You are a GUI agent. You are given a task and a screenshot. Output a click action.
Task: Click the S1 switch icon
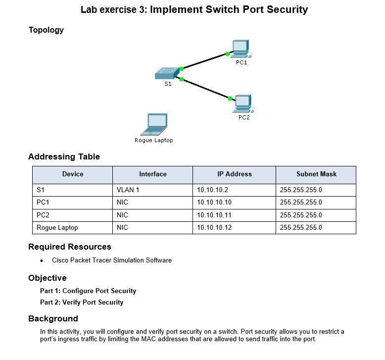(167, 74)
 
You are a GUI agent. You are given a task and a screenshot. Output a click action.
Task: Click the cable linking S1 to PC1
(204, 61)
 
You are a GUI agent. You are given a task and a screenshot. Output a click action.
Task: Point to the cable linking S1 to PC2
(206, 89)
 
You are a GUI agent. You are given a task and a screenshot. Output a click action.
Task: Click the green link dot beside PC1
(227, 53)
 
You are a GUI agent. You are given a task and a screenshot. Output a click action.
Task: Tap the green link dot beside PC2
(230, 99)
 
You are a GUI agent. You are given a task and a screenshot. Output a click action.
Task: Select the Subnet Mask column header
(316, 174)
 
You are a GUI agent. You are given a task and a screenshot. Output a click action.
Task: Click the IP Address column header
(234, 174)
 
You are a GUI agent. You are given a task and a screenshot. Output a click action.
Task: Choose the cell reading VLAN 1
(128, 190)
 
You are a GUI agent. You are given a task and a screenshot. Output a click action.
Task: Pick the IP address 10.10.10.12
(214, 228)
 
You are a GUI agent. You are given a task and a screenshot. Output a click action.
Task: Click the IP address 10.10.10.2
(212, 190)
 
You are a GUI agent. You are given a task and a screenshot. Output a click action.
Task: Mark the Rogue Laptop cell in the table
(57, 228)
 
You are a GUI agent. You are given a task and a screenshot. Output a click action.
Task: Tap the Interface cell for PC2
(122, 215)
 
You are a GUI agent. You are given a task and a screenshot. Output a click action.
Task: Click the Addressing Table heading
(64, 157)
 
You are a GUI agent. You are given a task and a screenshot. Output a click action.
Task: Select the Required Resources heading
(70, 247)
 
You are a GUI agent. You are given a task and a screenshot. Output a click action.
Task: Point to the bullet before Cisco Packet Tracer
(42, 260)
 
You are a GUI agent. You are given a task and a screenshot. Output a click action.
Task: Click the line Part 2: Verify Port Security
(82, 302)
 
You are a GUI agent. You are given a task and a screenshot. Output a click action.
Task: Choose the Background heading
(53, 318)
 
